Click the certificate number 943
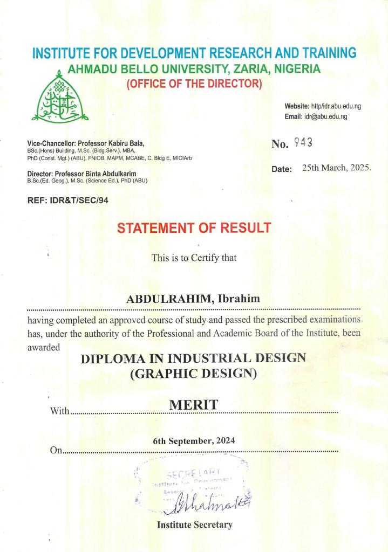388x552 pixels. coord(303,143)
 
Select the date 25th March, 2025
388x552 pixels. coord(337,168)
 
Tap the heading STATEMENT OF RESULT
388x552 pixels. coord(194,228)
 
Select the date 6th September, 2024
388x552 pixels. coord(194,440)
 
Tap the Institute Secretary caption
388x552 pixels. coord(194,525)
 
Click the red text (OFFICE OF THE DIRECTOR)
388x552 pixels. coord(194,84)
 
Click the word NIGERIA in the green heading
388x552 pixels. coord(297,69)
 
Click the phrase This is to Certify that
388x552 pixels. coord(194,258)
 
